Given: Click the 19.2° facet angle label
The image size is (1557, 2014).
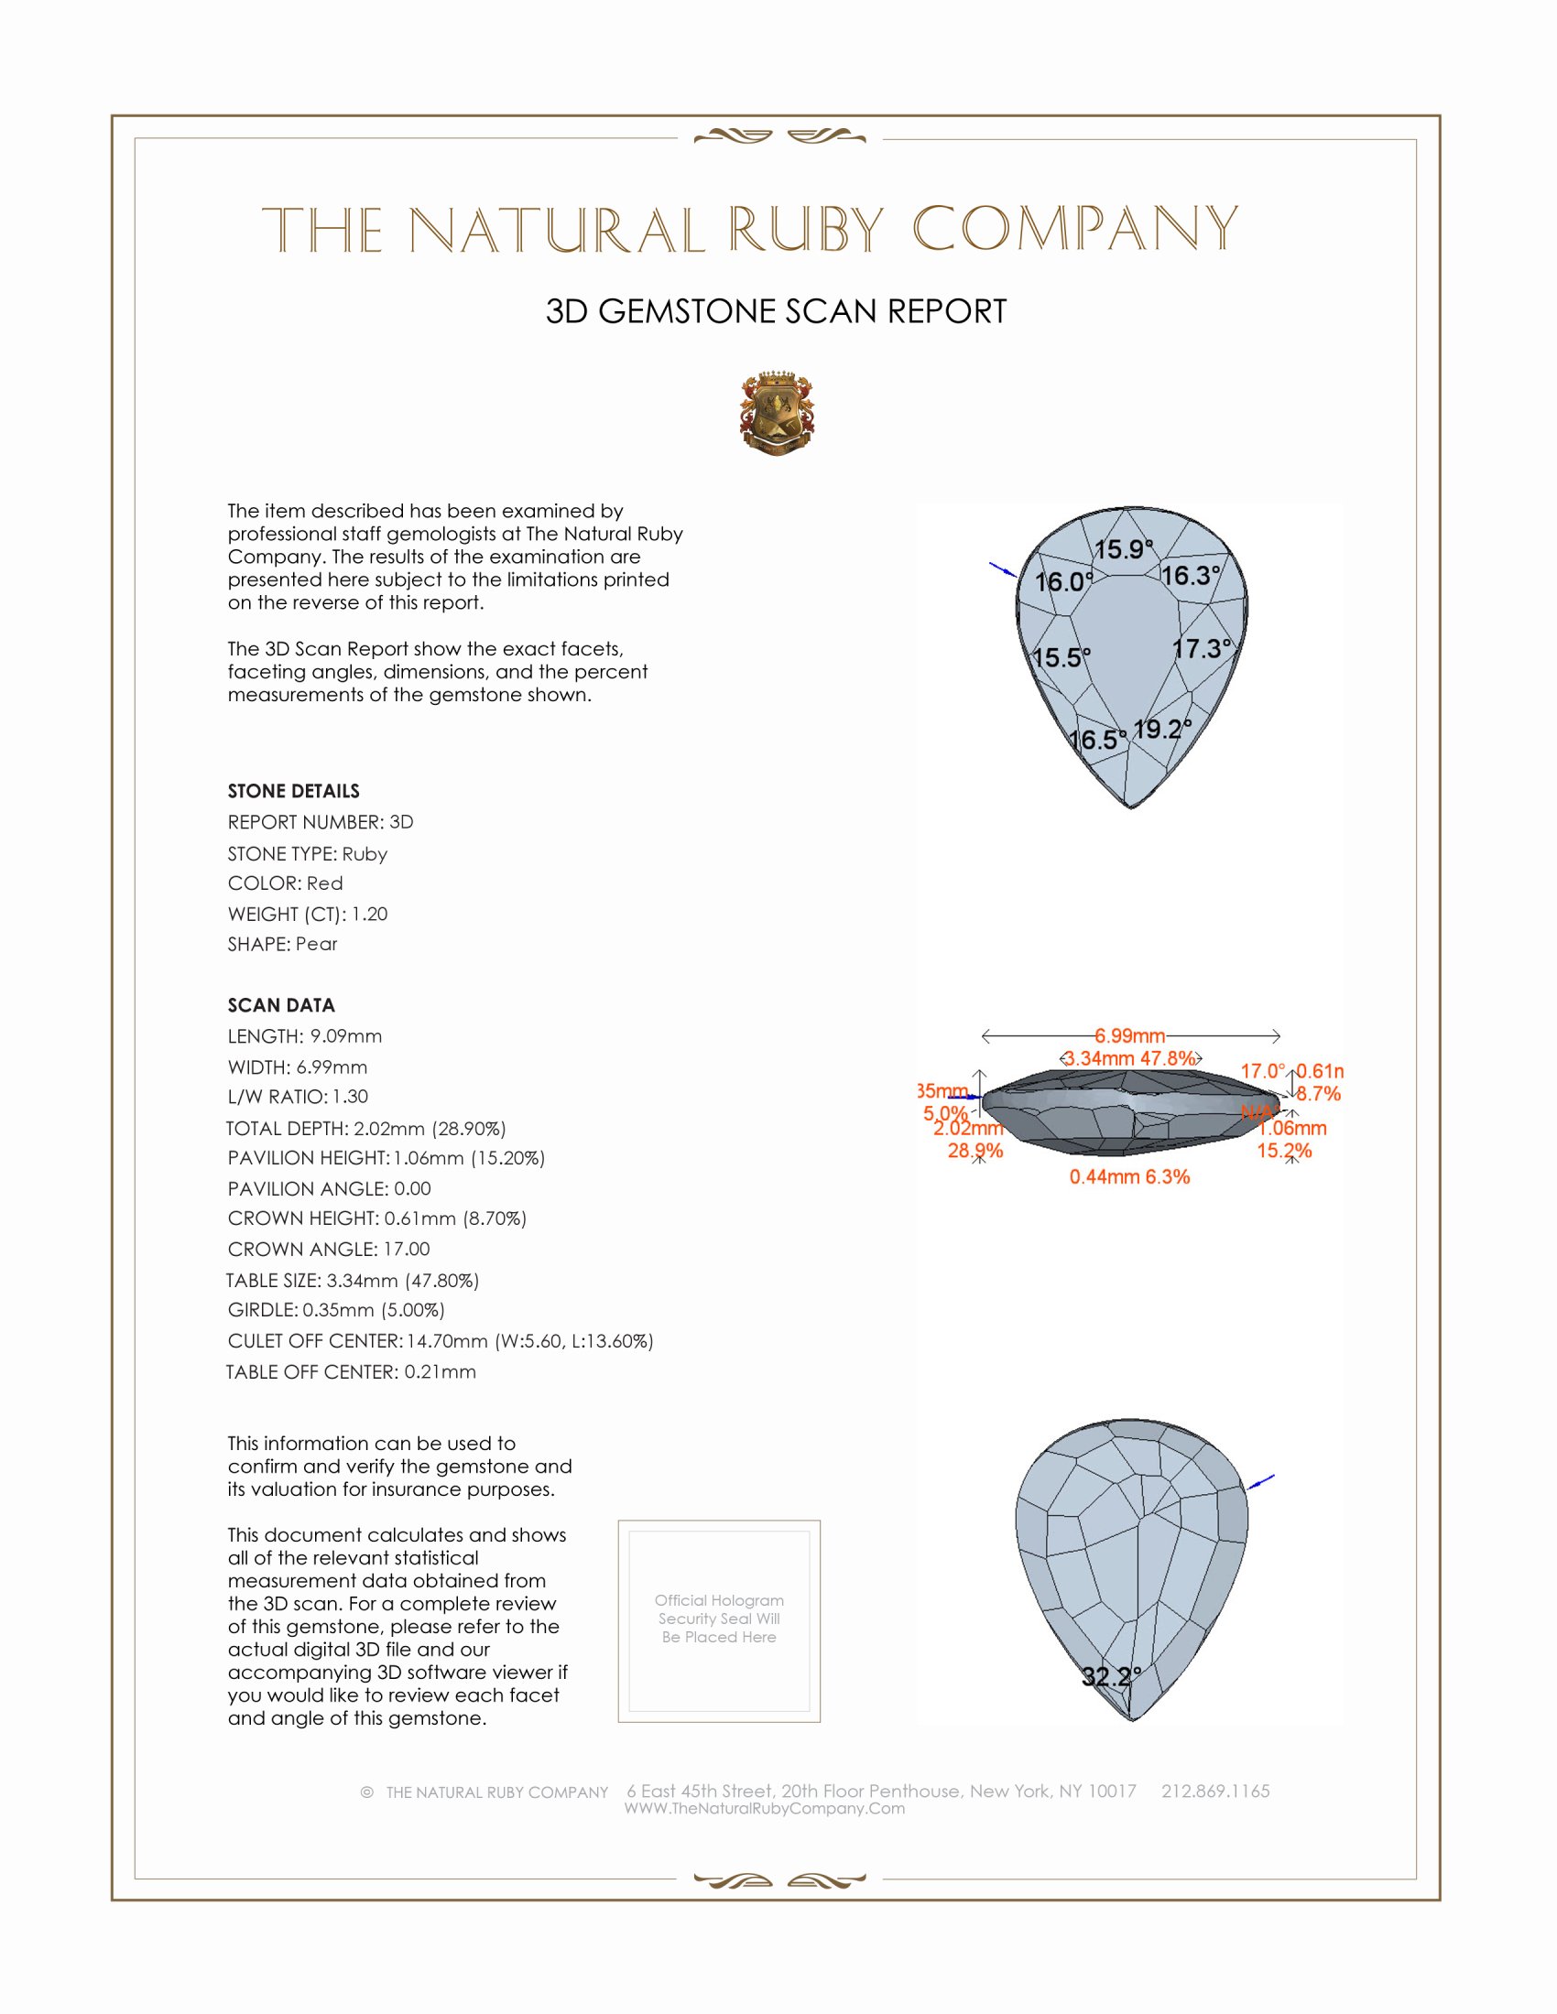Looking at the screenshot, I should (1161, 730).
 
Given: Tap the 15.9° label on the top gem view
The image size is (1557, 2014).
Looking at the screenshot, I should (1123, 549).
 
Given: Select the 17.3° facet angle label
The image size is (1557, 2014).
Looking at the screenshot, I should (1202, 649).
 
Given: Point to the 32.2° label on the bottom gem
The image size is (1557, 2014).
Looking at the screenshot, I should (1112, 1676).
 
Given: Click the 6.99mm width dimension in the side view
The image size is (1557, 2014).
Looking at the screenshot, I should (1130, 1035).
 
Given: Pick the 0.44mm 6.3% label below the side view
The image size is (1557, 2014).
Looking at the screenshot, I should (1129, 1177).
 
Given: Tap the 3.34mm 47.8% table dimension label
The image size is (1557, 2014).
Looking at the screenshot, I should (1130, 1058).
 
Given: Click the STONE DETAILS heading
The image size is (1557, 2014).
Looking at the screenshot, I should (293, 791).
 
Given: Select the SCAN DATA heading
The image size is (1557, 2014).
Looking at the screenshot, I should (281, 1005).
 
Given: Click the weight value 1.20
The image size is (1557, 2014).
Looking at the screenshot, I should (370, 914).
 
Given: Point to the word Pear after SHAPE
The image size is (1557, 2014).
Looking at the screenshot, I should (316, 945).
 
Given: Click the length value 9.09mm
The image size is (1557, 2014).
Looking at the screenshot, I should (346, 1036).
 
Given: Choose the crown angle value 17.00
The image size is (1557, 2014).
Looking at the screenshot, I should (407, 1250).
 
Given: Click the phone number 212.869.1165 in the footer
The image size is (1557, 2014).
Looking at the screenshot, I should (1214, 1791).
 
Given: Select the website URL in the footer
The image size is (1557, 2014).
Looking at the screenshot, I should (765, 1808).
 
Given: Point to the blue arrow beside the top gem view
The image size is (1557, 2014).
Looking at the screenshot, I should (1002, 569).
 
